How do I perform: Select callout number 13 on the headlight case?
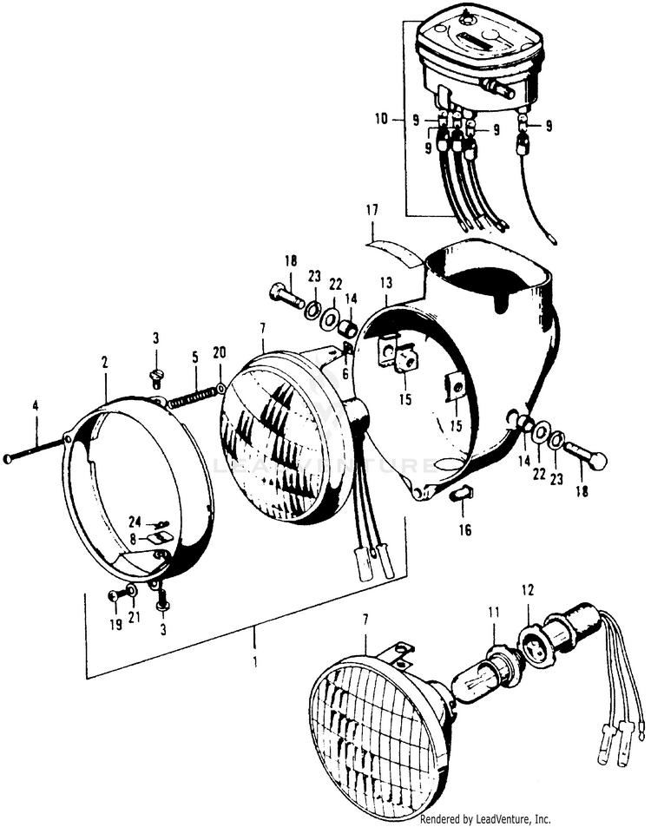[385, 283]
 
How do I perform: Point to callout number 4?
[36, 405]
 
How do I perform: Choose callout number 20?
[219, 351]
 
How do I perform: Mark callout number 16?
[465, 529]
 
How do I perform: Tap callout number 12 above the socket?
[526, 591]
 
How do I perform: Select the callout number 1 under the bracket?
[255, 661]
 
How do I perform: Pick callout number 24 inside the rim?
[135, 522]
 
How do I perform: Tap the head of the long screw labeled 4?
[8, 458]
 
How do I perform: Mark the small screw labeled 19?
[114, 595]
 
